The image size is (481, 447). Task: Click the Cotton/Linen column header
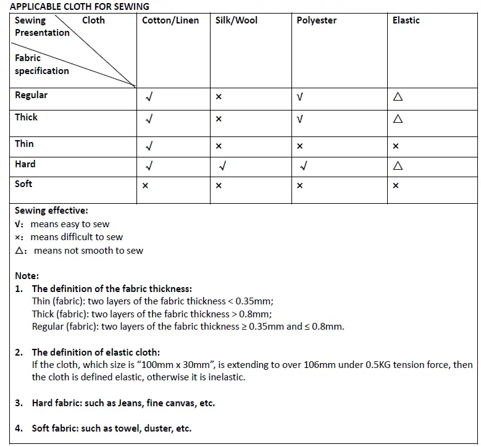(x=170, y=20)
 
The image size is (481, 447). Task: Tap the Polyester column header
(x=316, y=20)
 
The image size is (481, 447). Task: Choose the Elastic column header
(x=406, y=20)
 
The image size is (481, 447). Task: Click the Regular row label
(x=31, y=95)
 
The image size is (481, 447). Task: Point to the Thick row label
(x=26, y=117)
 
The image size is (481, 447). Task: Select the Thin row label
(x=24, y=143)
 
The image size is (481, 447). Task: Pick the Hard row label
(x=25, y=164)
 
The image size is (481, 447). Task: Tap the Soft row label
(x=23, y=183)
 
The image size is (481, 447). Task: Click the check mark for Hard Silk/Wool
(x=222, y=165)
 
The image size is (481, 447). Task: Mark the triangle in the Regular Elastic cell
(x=398, y=97)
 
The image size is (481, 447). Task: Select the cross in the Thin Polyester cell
(x=299, y=146)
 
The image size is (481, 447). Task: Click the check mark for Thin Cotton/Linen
(x=149, y=146)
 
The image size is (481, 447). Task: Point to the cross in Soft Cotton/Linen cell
(x=145, y=185)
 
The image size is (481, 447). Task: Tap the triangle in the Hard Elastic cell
(x=398, y=165)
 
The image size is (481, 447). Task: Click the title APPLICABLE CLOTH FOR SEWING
(x=79, y=6)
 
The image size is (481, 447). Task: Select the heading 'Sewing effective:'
(x=51, y=211)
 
